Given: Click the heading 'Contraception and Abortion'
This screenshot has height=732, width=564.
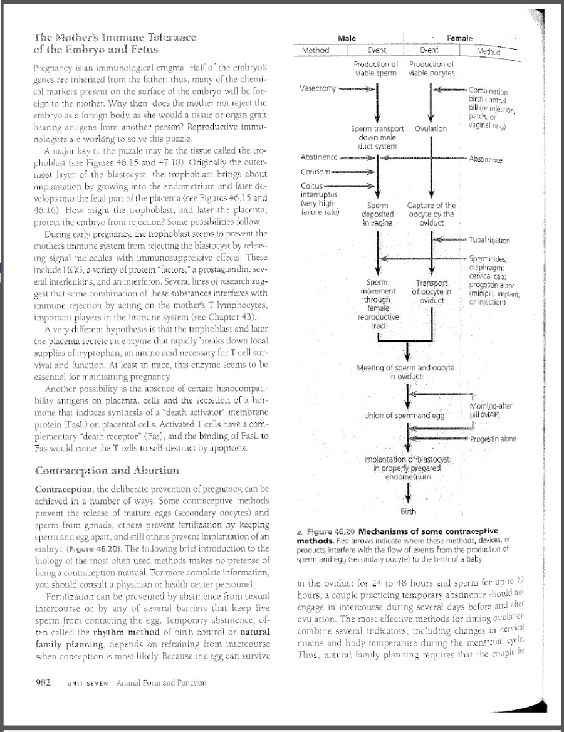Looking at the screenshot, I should (x=107, y=471).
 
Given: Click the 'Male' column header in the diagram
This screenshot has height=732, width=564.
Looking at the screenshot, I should (x=347, y=39).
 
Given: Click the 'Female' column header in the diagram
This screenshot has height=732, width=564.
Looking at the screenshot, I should (x=460, y=39).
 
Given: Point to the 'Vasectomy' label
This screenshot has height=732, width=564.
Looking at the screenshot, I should (x=319, y=89).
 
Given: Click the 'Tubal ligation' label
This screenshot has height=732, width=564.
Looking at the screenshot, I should (x=489, y=240).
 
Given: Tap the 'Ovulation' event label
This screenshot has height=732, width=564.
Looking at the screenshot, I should (x=431, y=128).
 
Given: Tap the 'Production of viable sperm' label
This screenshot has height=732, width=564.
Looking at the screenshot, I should (x=375, y=68).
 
